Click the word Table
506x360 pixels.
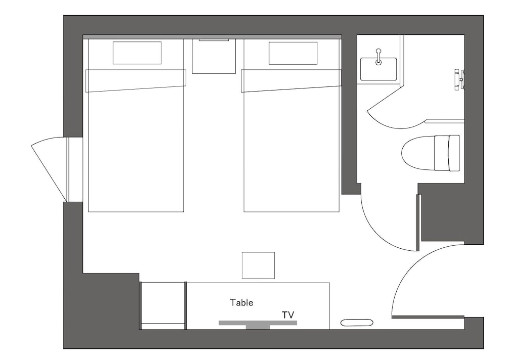click(241, 302)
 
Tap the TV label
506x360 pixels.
click(288, 315)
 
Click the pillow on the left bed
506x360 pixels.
click(137, 53)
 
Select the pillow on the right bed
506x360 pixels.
click(293, 53)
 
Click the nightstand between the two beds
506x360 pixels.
click(214, 56)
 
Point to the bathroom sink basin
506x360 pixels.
click(378, 69)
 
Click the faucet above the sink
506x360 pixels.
click(378, 57)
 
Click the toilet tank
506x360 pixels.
click(447, 153)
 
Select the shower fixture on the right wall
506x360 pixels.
click(459, 79)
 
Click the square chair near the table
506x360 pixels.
click(259, 265)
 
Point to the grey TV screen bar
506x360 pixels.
click(258, 323)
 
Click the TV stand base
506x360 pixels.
click(258, 327)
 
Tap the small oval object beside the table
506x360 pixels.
click(357, 323)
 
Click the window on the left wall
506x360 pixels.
click(68, 169)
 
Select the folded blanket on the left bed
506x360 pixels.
click(136, 80)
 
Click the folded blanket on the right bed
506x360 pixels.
click(291, 80)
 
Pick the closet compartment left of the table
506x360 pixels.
click(163, 305)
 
